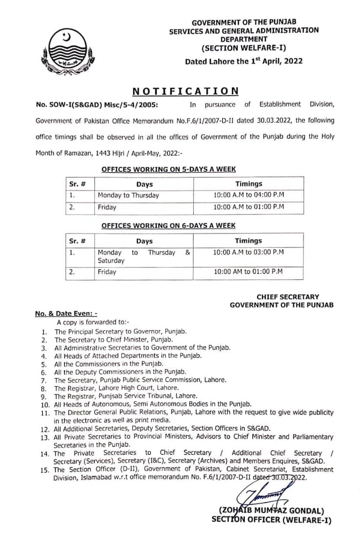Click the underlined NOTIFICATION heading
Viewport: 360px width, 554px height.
pyautogui.click(x=185, y=91)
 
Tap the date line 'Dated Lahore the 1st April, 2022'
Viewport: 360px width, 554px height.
pyautogui.click(x=244, y=61)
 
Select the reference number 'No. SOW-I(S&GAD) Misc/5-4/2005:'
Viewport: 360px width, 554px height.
pyautogui.click(x=96, y=104)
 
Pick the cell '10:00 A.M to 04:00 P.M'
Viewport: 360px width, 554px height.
pyautogui.click(x=248, y=195)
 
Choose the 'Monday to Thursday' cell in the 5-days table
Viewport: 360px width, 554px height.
pyautogui.click(x=129, y=195)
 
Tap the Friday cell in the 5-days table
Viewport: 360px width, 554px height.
pyautogui.click(x=107, y=207)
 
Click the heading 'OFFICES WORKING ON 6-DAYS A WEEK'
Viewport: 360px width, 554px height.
pyautogui.click(x=168, y=225)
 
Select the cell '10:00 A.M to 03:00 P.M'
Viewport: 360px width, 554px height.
pyautogui.click(x=248, y=252)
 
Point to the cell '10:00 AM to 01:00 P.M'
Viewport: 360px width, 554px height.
pyautogui.click(x=248, y=272)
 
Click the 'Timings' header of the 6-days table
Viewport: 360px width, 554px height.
pyautogui.click(x=248, y=241)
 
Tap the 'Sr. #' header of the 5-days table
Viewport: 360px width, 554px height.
pyautogui.click(x=77, y=184)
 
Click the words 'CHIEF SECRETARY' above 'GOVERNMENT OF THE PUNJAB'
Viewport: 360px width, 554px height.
pyautogui.click(x=288, y=297)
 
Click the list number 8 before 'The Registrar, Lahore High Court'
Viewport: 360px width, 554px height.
pyautogui.click(x=44, y=388)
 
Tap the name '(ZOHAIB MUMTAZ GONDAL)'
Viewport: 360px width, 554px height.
pyautogui.click(x=271, y=511)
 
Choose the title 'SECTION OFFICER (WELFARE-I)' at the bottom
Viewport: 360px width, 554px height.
pyautogui.click(x=271, y=519)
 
